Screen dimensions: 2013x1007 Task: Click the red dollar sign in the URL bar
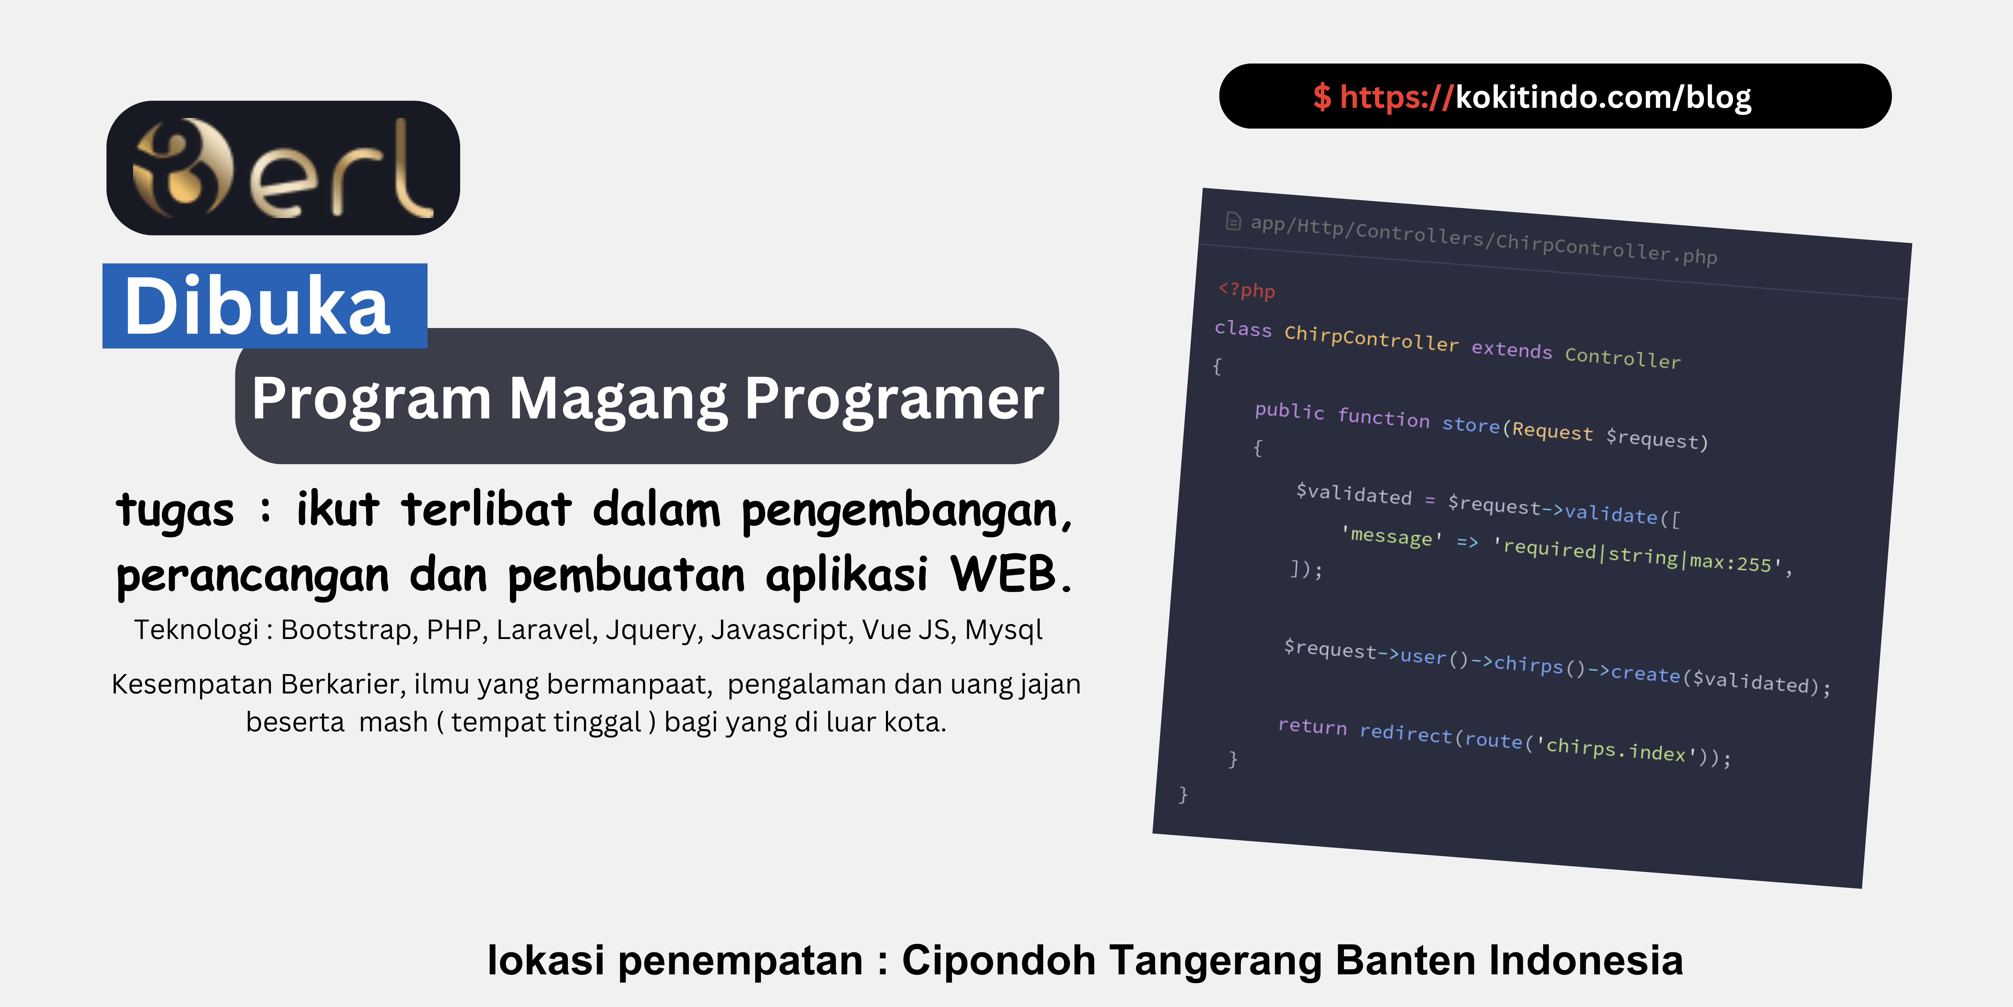coord(1321,97)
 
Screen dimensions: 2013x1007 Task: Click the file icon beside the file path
coord(1233,221)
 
